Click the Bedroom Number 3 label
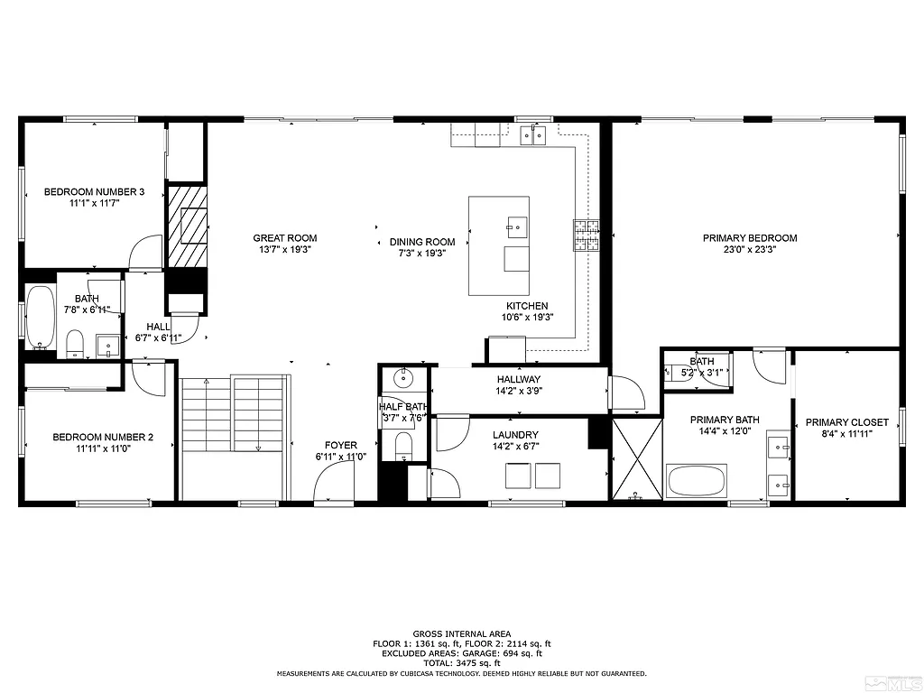click(x=95, y=191)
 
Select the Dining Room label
click(x=422, y=241)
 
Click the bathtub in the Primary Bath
click(x=697, y=479)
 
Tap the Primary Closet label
click(x=846, y=422)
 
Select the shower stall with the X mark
click(x=637, y=459)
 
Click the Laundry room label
click(x=515, y=434)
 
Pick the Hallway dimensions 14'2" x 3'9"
click(x=518, y=392)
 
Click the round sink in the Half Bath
click(x=403, y=377)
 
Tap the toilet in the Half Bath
click(x=403, y=445)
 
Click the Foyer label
click(x=341, y=445)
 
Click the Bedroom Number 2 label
click(x=103, y=437)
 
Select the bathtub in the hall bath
click(x=41, y=316)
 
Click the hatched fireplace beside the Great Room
click(x=186, y=226)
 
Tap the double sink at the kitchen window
click(x=532, y=135)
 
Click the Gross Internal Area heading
click(x=461, y=633)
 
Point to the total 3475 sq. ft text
click(x=461, y=663)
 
